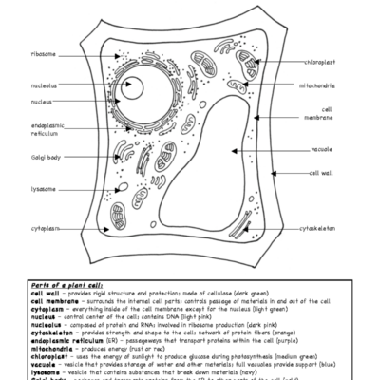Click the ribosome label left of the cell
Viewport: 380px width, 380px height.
(44, 54)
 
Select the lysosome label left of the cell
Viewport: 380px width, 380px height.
(44, 188)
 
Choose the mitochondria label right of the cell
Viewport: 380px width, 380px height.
(324, 85)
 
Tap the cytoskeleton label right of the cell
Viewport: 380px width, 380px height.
(321, 229)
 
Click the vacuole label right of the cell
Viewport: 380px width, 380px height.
(321, 149)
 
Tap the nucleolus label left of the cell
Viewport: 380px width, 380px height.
(44, 85)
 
